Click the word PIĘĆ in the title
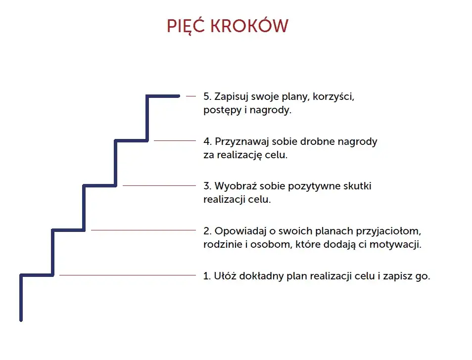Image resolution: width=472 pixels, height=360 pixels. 186,26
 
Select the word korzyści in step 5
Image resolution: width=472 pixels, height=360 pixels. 336,97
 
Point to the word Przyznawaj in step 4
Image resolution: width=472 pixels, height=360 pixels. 240,141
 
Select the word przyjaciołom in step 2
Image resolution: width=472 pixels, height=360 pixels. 387,231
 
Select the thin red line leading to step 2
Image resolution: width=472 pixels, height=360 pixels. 143,230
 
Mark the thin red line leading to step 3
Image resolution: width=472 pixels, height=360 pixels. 159,185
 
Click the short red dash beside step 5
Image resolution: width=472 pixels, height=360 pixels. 190,96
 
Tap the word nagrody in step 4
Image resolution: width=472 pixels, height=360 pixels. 357,141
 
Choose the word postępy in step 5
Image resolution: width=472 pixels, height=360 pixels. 222,110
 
